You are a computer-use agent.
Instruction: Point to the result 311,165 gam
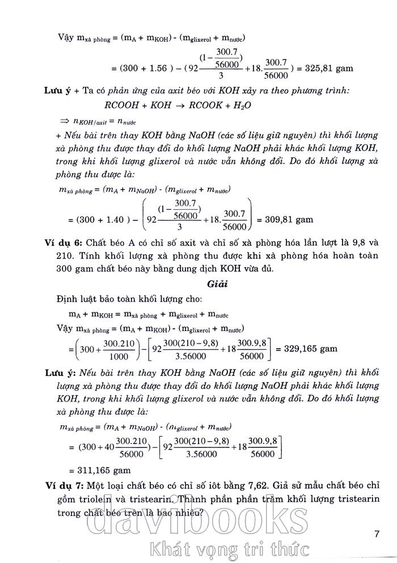(x=99, y=470)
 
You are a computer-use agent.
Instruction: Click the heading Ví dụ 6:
(x=66, y=242)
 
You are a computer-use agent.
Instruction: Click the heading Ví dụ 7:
(x=66, y=486)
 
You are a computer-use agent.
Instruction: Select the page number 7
(x=378, y=534)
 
